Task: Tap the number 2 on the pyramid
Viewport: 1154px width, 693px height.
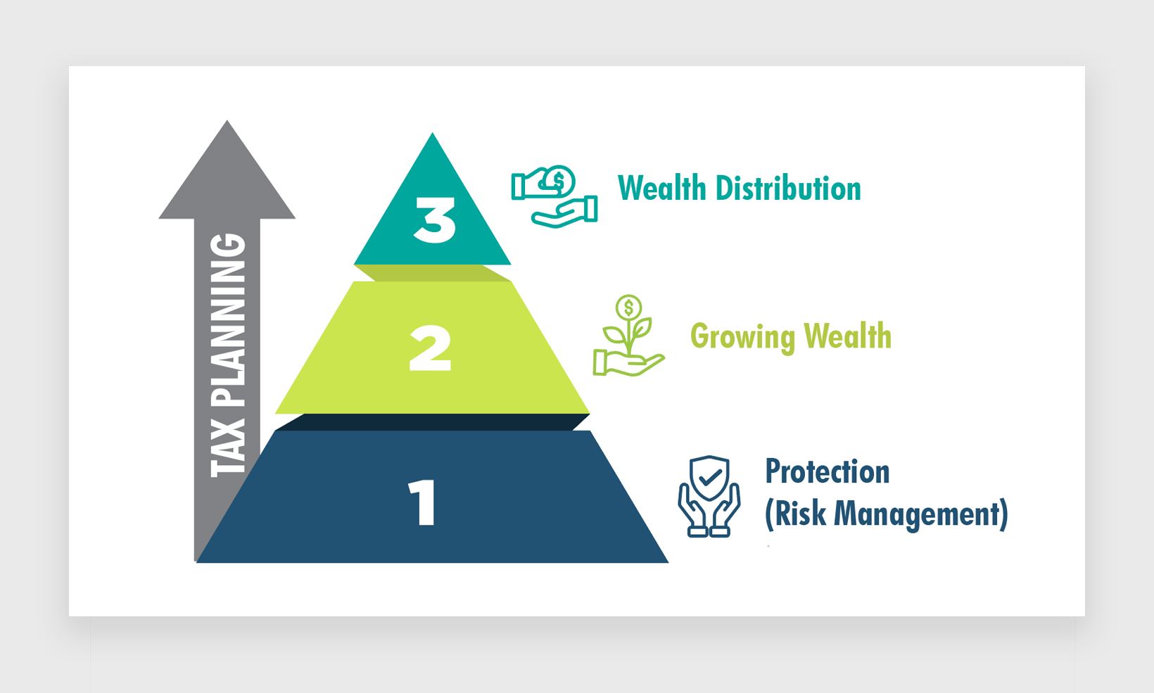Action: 430,348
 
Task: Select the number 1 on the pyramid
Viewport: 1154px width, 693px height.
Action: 422,502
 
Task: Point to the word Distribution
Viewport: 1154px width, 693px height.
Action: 789,188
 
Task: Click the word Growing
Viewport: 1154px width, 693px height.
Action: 743,337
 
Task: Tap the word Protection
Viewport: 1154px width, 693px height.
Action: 828,471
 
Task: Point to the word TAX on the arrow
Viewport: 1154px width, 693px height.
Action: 228,447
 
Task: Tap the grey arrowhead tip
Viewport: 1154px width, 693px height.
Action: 227,121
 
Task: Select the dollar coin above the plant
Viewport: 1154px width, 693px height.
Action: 628,307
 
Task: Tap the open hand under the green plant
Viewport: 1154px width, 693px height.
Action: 628,363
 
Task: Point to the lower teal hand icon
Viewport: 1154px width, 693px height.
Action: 564,212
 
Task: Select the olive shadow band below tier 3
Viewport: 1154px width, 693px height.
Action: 433,273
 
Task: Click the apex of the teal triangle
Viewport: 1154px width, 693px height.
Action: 432,134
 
